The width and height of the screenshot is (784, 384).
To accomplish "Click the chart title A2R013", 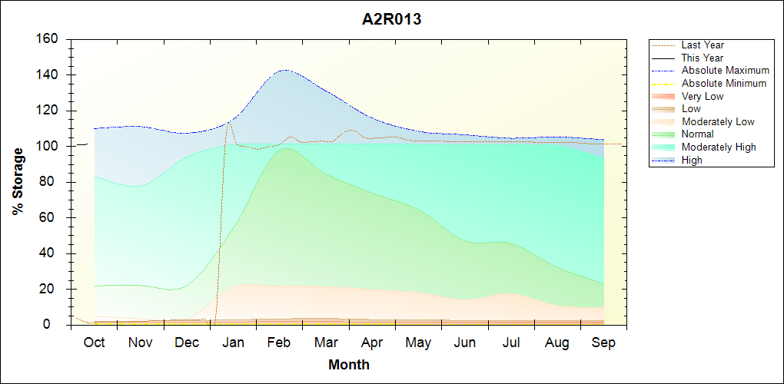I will click(x=391, y=20).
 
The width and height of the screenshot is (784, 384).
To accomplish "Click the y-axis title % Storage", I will click(x=18, y=181).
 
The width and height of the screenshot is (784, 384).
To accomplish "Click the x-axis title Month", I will click(x=348, y=365).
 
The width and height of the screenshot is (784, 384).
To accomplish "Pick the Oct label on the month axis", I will click(x=94, y=343).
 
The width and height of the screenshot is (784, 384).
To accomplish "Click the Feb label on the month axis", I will click(x=279, y=343).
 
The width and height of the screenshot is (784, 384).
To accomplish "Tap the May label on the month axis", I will click(x=418, y=343).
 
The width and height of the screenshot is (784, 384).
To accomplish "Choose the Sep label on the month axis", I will click(x=603, y=343).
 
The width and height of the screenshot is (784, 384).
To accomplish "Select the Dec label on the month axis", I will click(x=187, y=343).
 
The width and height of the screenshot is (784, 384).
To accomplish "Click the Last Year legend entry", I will click(x=703, y=45).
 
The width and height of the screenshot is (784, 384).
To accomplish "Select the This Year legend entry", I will click(x=702, y=58).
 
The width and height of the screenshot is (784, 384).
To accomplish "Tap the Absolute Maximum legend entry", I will click(x=725, y=71).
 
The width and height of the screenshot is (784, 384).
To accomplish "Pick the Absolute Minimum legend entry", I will click(x=723, y=83).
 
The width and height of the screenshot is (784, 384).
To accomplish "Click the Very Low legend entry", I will click(x=703, y=96).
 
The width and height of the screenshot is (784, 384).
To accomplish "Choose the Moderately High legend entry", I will click(x=719, y=147).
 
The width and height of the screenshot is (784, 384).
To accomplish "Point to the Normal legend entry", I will click(x=697, y=134).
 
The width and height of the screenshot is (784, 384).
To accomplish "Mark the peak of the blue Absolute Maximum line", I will click(x=285, y=70).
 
